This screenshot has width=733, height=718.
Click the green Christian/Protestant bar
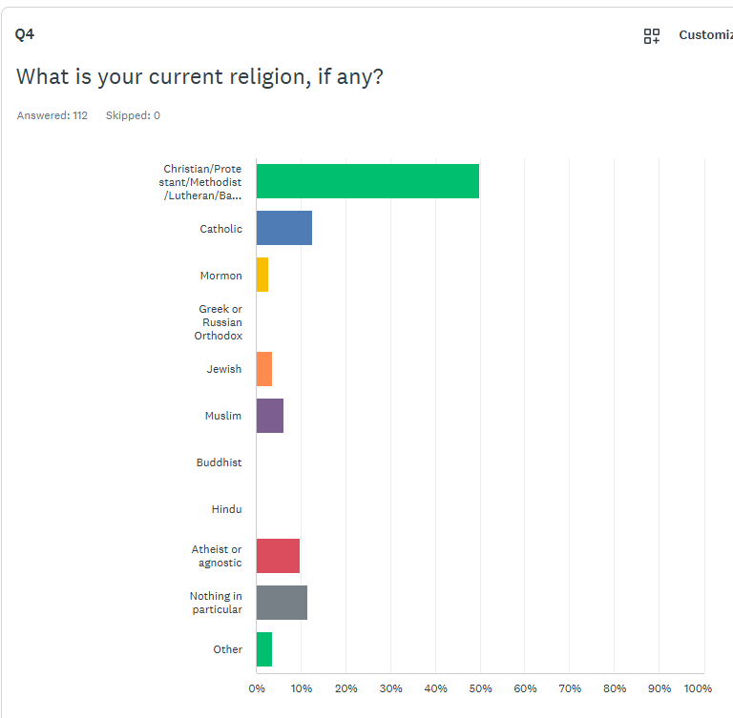(x=367, y=181)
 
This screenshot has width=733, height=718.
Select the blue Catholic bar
(x=284, y=228)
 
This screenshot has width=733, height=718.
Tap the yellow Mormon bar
(x=262, y=275)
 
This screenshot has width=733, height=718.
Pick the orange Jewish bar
(x=264, y=368)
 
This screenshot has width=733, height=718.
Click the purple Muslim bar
(x=270, y=415)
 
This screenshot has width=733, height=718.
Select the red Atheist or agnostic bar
(x=278, y=556)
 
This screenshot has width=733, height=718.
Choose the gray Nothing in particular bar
(x=282, y=603)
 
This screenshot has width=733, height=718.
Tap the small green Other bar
(x=264, y=649)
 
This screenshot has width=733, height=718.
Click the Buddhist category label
(x=219, y=462)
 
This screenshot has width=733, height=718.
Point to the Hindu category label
(x=226, y=509)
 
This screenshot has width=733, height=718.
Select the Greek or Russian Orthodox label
(x=220, y=322)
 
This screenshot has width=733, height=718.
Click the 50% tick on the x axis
(x=480, y=688)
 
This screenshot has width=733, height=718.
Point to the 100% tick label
(x=698, y=688)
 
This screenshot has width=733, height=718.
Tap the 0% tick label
(x=257, y=688)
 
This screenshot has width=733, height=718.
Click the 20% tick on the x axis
(x=346, y=688)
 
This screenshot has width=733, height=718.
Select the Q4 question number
(x=25, y=34)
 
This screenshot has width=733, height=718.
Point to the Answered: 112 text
(x=52, y=115)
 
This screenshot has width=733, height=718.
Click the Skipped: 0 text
(x=133, y=115)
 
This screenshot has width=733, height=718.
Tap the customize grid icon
(x=652, y=36)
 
